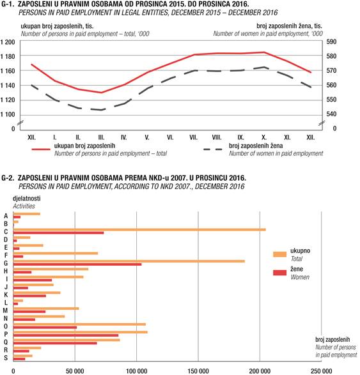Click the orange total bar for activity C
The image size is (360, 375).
pyautogui.click(x=139, y=229)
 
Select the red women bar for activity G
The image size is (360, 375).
pyautogui.click(x=77, y=264)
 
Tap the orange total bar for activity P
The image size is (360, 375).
pyautogui.click(x=81, y=332)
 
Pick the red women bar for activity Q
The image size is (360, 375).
pyautogui.click(x=55, y=343)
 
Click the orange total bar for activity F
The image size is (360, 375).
pyautogui.click(x=56, y=253)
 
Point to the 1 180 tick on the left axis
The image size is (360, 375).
pyautogui.click(x=8, y=56)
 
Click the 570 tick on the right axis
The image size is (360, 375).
pyautogui.click(x=331, y=70)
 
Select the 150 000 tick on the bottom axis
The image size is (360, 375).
pyautogui.click(x=198, y=371)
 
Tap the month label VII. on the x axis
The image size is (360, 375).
pyautogui.click(x=193, y=137)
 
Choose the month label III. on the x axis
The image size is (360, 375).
pyautogui.click(x=101, y=137)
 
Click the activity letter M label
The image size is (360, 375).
pyautogui.click(x=5, y=310)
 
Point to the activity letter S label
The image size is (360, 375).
pyautogui.click(x=6, y=358)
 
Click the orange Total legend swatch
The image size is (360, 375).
pyautogui.click(x=280, y=254)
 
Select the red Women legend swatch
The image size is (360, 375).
pyautogui.click(x=280, y=273)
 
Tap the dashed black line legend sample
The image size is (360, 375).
pyautogui.click(x=213, y=149)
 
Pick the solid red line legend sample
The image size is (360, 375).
pyautogui.click(x=41, y=149)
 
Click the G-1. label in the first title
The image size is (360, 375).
pyautogui.click(x=8, y=4)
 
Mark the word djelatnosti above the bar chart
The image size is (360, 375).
pyautogui.click(x=27, y=198)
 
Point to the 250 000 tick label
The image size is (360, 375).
pyautogui.click(x=321, y=371)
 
